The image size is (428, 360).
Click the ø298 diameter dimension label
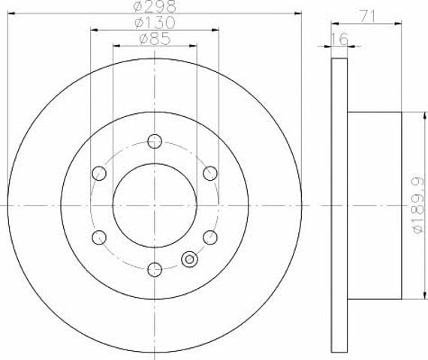coord(155,7)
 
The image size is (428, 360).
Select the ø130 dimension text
coord(155,23)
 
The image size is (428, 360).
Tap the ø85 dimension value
coord(155,39)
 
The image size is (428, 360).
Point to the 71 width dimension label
coord(367,16)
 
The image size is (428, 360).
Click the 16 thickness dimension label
coord(339,39)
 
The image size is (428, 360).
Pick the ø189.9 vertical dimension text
coord(418,205)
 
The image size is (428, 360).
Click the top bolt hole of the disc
coord(155,141)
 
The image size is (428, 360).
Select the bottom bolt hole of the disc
coord(155,269)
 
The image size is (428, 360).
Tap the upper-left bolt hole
coord(99,173)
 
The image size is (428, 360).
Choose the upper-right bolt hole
coord(210,173)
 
